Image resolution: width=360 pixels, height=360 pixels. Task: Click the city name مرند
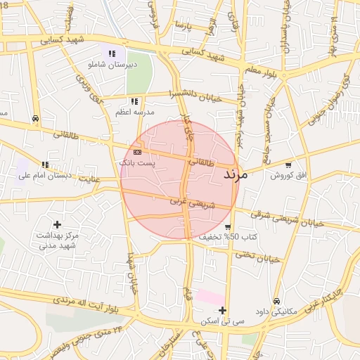(235, 173)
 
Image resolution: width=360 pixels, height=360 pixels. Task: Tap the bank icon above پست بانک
(136, 152)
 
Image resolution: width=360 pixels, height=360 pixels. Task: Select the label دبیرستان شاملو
(110, 65)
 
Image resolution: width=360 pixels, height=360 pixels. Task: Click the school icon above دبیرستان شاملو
(111, 53)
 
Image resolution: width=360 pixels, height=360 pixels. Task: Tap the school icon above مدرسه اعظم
(134, 101)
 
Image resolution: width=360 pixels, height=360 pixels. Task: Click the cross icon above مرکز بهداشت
(57, 224)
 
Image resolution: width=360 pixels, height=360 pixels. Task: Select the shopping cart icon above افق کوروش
(288, 165)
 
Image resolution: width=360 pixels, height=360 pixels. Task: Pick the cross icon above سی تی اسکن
(222, 310)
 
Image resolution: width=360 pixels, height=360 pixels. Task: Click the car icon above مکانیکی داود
(276, 300)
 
